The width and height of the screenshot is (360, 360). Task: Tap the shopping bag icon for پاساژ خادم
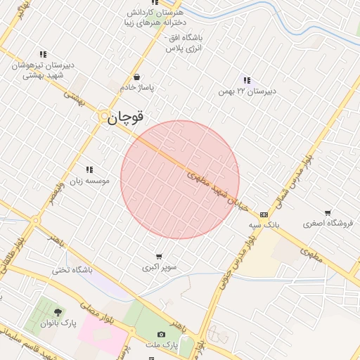pos(136,77)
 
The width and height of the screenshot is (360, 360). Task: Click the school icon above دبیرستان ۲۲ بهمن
pos(246,80)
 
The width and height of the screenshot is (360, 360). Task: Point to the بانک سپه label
pos(264,225)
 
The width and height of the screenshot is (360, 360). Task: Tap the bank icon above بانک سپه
pos(264,214)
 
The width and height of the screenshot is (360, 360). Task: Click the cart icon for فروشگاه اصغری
pos(328,213)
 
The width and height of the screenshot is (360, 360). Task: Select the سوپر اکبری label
pos(160,267)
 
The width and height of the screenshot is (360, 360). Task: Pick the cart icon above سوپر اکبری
pos(160,256)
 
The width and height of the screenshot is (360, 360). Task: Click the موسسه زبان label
pos(89,181)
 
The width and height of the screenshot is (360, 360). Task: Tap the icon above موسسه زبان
pos(89,169)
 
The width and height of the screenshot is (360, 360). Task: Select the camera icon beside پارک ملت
pos(162,335)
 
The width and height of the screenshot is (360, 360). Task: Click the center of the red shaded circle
pos(180,180)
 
